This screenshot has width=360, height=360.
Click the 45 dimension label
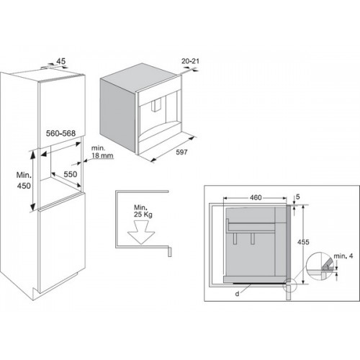pyautogui.click(x=60, y=61)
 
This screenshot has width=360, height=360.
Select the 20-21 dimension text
pyautogui.click(x=190, y=61)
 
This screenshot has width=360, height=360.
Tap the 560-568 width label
pyautogui.click(x=60, y=133)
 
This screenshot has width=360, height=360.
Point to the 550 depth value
pyautogui.click(x=71, y=174)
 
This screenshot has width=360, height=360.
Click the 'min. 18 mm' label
pyautogui.click(x=102, y=152)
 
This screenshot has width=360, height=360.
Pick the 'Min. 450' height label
pyautogui.click(x=24, y=180)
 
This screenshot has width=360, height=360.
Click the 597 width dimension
pyautogui.click(x=181, y=152)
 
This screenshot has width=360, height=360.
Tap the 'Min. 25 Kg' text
pyautogui.click(x=143, y=211)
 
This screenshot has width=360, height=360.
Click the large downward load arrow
pyautogui.click(x=141, y=232)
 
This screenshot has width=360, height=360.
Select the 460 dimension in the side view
pyautogui.click(x=256, y=197)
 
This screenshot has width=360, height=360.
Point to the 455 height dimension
pyautogui.click(x=303, y=242)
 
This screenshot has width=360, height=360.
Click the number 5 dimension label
pyautogui.click(x=298, y=197)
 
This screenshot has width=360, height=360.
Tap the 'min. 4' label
pyautogui.click(x=343, y=256)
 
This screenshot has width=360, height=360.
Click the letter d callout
pyautogui.click(x=237, y=294)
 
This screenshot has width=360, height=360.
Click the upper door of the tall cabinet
pyautogui.click(x=61, y=110)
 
